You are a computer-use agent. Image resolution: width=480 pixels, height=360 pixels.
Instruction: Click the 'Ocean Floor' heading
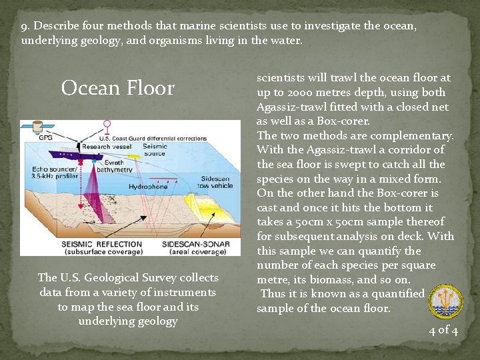pos(118,88)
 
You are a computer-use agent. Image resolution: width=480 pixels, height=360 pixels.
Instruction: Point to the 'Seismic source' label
pos(155,150)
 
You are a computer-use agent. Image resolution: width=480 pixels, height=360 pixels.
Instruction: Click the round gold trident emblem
pos(444,299)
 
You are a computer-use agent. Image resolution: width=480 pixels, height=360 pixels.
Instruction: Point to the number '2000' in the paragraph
pos(305,92)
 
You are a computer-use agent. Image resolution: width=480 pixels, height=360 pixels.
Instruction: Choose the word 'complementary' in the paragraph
pos(412,135)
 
